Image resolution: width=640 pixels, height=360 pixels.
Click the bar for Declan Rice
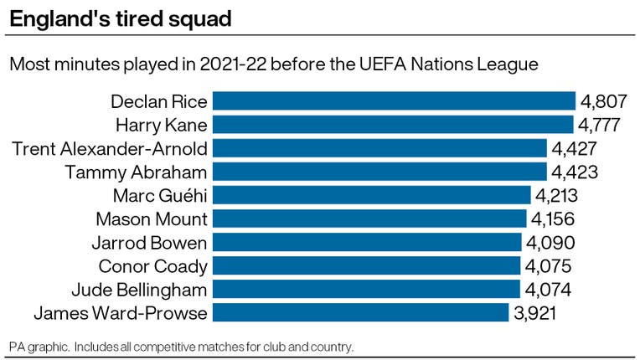pyautogui.click(x=394, y=101)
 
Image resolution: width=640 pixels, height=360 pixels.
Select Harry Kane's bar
pyautogui.click(x=393, y=125)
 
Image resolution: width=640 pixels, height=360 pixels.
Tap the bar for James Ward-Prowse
pyautogui.click(x=361, y=313)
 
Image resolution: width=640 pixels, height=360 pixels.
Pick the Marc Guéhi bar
pyautogui.click(x=372, y=195)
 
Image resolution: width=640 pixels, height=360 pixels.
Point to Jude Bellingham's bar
pyautogui.click(x=367, y=289)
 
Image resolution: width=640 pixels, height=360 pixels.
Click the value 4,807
pyautogui.click(x=604, y=101)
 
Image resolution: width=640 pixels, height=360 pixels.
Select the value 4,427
pyautogui.click(x=575, y=148)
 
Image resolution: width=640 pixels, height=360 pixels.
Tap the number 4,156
pyautogui.click(x=553, y=219)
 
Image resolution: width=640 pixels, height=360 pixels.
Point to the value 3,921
pyautogui.click(x=535, y=313)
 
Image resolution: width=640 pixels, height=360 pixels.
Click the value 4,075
pyautogui.click(x=548, y=266)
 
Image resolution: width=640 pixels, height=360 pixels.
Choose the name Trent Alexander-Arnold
pyautogui.click(x=110, y=149)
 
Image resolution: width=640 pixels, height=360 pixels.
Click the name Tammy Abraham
pyautogui.click(x=136, y=172)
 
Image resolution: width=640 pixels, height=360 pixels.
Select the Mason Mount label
pyautogui.click(x=152, y=219)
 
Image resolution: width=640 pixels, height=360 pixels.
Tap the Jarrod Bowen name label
pyautogui.click(x=150, y=243)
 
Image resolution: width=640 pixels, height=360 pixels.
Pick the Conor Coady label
pyautogui.click(x=153, y=267)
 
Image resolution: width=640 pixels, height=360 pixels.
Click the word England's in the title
pyautogui.click(x=59, y=19)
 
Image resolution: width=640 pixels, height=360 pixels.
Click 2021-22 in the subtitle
pyautogui.click(x=233, y=64)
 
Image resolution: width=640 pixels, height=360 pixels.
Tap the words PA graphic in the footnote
pyautogui.click(x=39, y=347)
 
